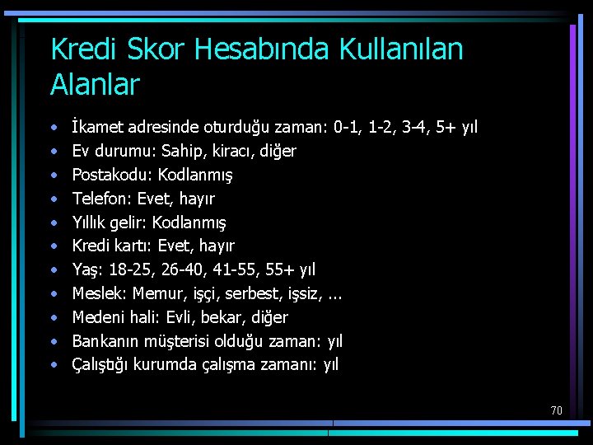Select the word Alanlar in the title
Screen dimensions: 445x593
click(95, 84)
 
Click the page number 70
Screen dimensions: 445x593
click(556, 410)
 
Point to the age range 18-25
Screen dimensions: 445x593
click(126, 269)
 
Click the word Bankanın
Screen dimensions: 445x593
click(106, 341)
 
